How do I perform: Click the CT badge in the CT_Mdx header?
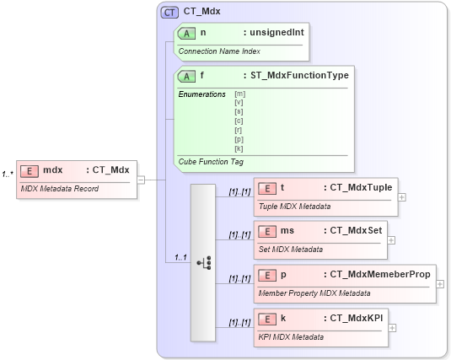coord(169,12)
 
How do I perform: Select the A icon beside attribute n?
coord(187,33)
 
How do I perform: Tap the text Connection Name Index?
coord(218,51)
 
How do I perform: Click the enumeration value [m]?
coord(239,94)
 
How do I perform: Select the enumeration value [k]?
coord(239,148)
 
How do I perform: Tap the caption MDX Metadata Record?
coord(59,188)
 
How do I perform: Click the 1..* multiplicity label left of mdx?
coord(7,175)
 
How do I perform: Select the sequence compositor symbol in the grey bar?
coord(203,262)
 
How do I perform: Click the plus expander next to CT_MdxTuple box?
coord(401,197)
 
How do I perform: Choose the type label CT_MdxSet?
coord(354,230)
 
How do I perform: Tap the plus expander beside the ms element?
coord(391,239)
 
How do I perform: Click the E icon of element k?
coord(267,319)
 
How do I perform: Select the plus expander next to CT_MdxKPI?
coord(393,328)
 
